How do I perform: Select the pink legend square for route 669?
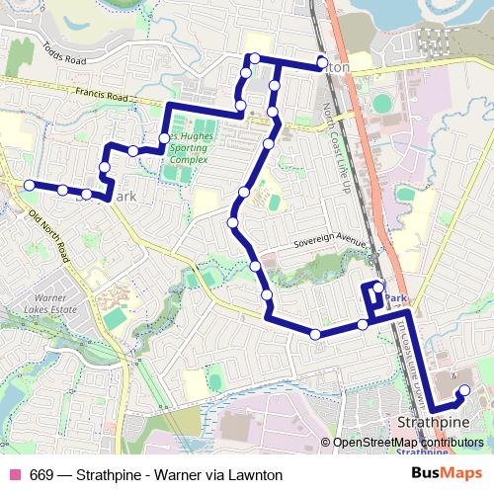pyautogui.click(x=15, y=474)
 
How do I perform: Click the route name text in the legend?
pyautogui.click(x=156, y=474)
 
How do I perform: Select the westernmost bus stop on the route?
pyautogui.click(x=31, y=185)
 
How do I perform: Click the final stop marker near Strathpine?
pyautogui.click(x=464, y=388)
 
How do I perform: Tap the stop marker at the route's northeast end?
pyautogui.click(x=322, y=64)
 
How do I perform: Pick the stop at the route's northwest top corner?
pyautogui.click(x=254, y=59)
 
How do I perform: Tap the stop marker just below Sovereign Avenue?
pyautogui.click(x=256, y=266)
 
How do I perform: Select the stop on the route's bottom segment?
pyautogui.click(x=315, y=334)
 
